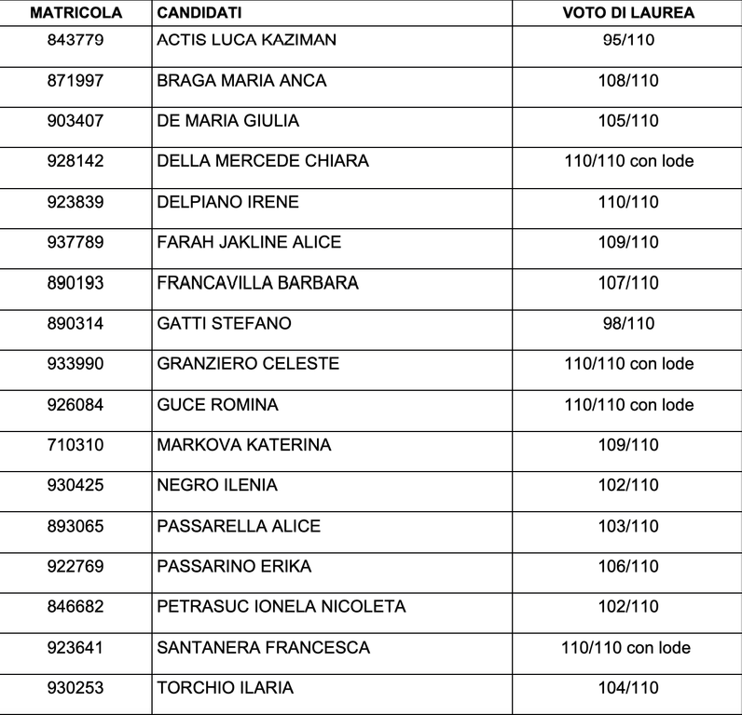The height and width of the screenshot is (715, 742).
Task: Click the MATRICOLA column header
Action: (x=74, y=13)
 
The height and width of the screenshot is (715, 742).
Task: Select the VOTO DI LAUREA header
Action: (x=627, y=13)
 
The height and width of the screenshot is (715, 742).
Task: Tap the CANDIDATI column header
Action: (x=199, y=13)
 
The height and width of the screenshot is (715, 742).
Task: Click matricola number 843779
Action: (x=75, y=40)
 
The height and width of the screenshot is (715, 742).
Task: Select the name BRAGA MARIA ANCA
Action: (x=241, y=81)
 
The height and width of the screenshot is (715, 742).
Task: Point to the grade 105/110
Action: (x=627, y=121)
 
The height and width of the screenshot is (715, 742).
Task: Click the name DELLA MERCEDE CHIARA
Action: (x=263, y=161)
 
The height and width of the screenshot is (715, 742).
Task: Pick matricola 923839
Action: (x=75, y=201)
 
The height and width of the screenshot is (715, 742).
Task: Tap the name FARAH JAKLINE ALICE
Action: (x=249, y=242)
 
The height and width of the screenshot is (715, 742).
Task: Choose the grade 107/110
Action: (x=627, y=282)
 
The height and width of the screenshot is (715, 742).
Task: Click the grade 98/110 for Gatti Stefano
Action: (x=627, y=323)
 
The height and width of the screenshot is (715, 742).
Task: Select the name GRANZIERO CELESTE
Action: (x=248, y=363)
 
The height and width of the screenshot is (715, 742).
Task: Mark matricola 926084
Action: (x=75, y=405)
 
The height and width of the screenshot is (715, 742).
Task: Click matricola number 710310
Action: (x=75, y=445)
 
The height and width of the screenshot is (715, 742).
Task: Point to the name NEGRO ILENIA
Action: (x=217, y=485)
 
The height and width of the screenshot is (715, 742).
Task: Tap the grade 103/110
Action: (x=627, y=526)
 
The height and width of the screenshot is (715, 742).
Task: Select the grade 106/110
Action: (x=627, y=566)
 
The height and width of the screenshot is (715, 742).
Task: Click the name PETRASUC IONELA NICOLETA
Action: (x=282, y=607)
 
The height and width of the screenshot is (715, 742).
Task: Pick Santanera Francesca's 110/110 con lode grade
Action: (x=628, y=647)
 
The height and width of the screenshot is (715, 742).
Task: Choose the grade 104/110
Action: (x=627, y=688)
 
